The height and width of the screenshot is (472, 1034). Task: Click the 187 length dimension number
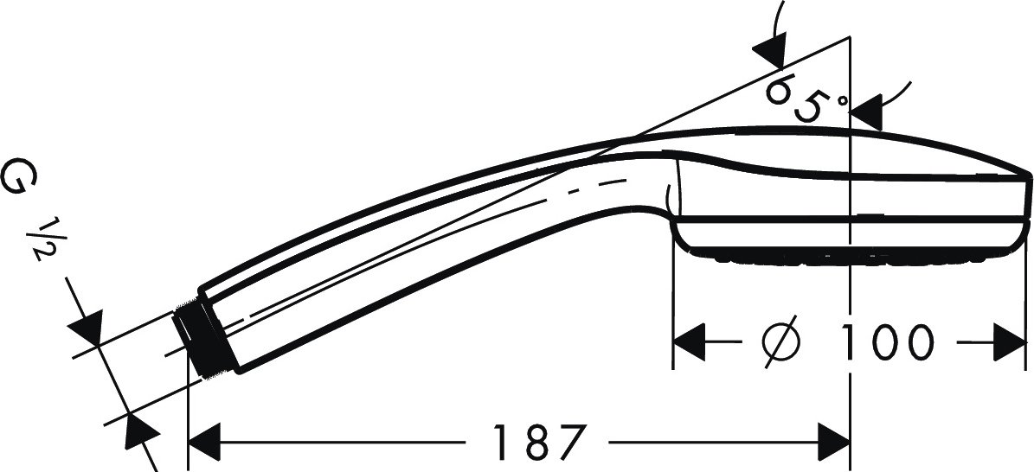click(x=539, y=442)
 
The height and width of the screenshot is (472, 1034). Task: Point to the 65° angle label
click(x=806, y=99)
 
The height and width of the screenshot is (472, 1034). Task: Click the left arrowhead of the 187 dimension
click(x=203, y=442)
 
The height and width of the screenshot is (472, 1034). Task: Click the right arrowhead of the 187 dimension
click(x=834, y=442)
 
